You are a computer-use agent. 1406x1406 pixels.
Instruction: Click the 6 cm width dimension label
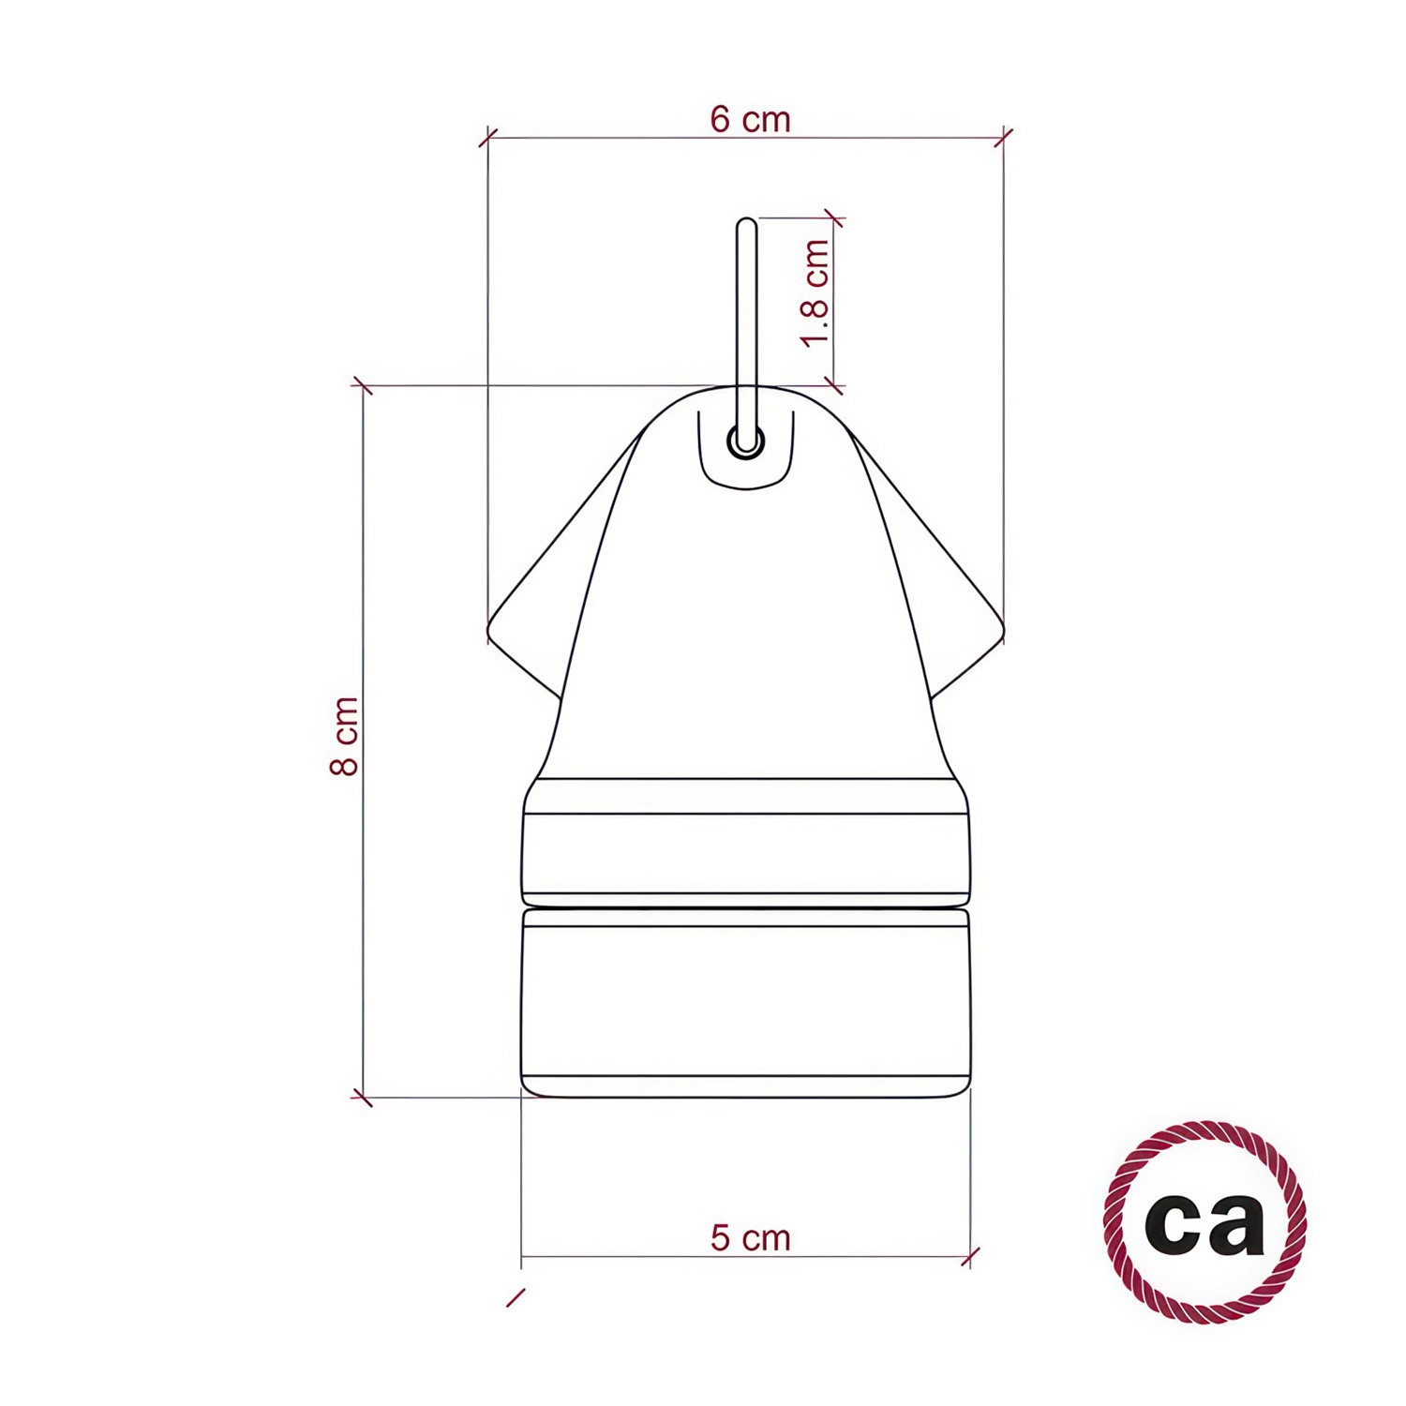tap(750, 120)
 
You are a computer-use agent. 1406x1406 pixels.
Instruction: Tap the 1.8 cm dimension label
tap(816, 292)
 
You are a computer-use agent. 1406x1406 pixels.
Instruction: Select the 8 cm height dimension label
tap(345, 736)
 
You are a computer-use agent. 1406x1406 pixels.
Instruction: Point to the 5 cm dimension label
tap(750, 1237)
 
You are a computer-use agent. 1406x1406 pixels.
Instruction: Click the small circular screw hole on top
tap(746, 441)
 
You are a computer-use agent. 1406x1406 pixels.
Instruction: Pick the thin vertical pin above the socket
tap(746, 333)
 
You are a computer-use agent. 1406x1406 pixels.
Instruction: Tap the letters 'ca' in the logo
tap(1204, 1221)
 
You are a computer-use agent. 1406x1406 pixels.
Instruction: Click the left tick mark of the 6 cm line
tap(488, 138)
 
